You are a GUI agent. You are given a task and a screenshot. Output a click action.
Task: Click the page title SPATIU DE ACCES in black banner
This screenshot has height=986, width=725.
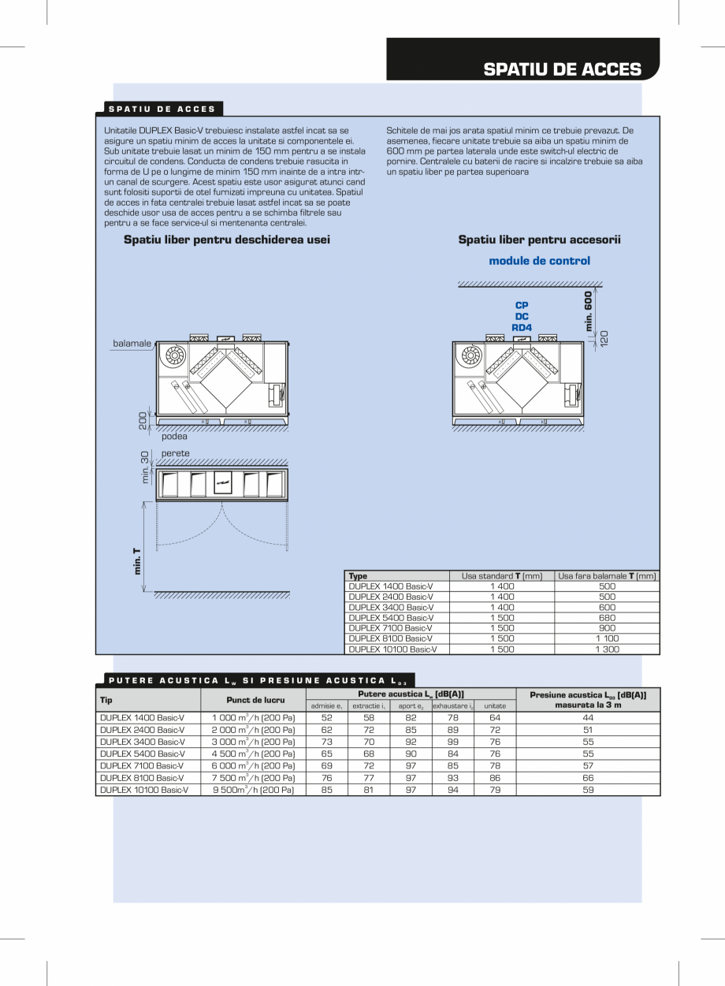pos(562,69)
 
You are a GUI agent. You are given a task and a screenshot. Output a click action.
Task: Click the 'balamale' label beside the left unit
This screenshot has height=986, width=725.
pos(132,344)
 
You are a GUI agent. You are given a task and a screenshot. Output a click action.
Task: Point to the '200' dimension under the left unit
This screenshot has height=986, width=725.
pos(143,420)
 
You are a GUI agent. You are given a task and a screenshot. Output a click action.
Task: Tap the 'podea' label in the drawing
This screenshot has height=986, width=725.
pos(174,436)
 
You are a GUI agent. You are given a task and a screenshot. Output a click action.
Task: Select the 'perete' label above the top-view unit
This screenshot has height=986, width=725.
pos(175,453)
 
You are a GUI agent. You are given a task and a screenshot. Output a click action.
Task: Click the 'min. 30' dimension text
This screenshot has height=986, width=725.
pos(145,467)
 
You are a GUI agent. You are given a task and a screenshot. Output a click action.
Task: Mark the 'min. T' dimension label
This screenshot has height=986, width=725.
pos(138,561)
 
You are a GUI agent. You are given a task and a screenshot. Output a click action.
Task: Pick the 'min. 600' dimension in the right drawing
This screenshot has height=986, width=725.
pos(588,311)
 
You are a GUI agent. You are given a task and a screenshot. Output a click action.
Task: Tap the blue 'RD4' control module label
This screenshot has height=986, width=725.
pos(522,327)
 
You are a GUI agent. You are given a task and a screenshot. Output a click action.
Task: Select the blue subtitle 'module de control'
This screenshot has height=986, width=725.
pos(539,261)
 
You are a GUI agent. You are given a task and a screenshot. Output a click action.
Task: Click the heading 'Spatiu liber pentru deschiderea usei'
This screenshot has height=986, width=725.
pos(227,240)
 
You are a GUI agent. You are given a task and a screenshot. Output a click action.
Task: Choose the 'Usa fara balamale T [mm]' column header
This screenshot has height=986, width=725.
pos(607,576)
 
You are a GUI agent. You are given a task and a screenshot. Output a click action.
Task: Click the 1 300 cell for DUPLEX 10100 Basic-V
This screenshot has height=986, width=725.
pos(607,649)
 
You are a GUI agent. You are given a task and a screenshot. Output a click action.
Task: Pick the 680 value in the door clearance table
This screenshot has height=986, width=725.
pos(607,618)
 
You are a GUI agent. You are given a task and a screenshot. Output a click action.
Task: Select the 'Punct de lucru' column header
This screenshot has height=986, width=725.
pos(255,700)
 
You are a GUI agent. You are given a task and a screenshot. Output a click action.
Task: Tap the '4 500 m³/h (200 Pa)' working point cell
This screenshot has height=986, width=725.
pos(253,753)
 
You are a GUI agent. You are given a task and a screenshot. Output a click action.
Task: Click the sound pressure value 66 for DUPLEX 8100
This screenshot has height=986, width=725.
pos(588,777)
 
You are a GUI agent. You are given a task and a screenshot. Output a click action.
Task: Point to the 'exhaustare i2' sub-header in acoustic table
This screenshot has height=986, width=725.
pos(452,706)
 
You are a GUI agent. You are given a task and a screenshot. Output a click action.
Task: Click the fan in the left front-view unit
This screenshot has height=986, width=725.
pos(173,359)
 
